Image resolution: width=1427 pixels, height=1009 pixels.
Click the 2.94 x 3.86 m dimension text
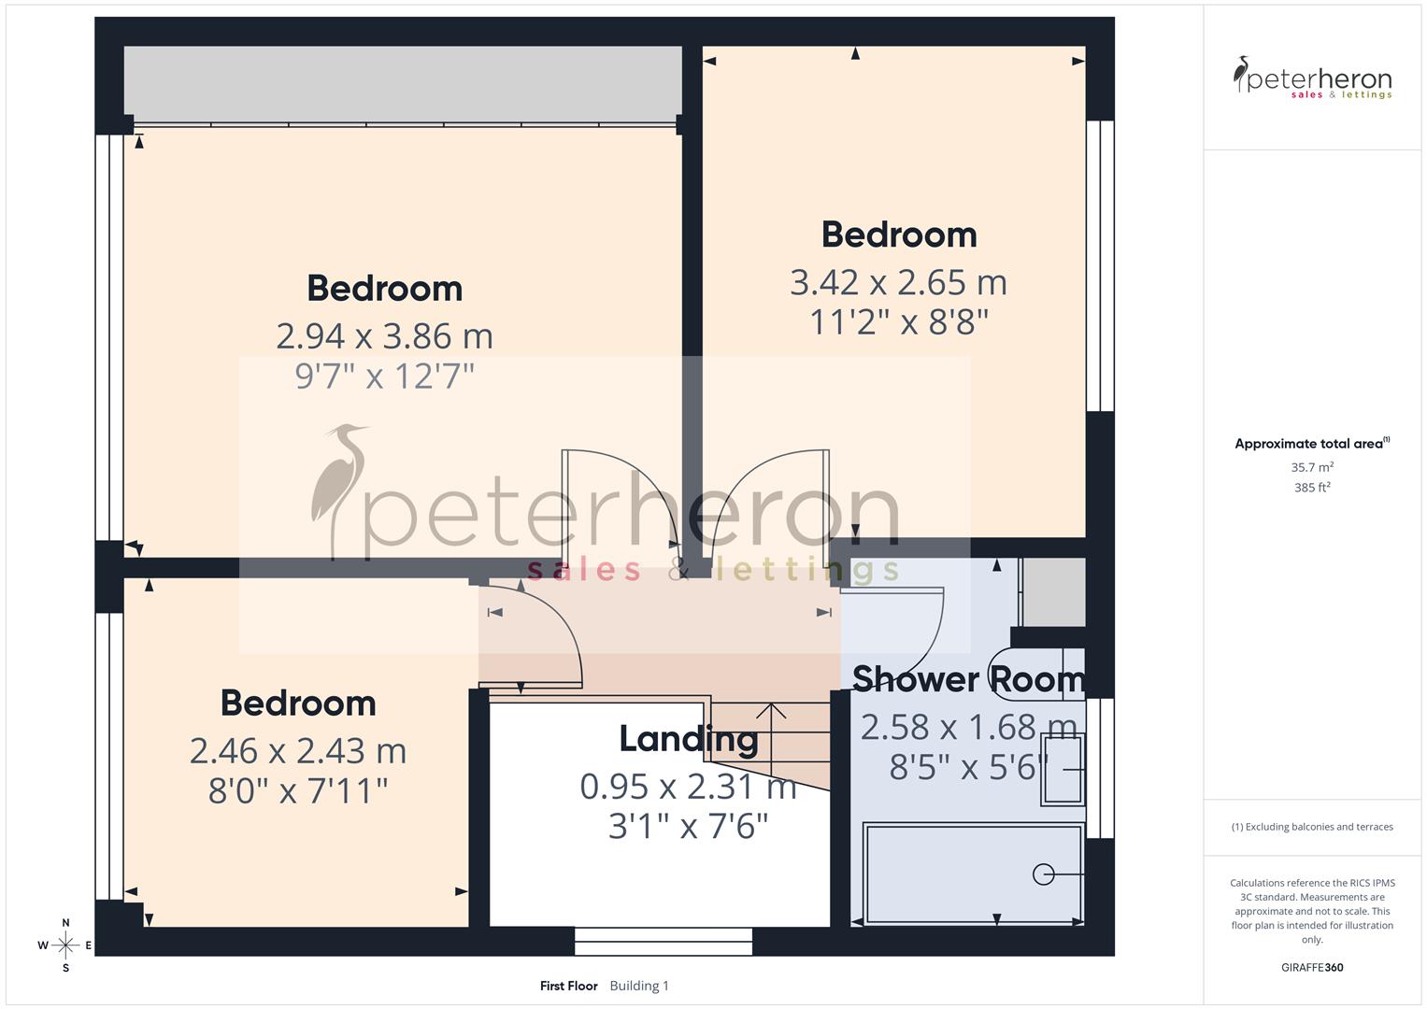pyautogui.click(x=384, y=336)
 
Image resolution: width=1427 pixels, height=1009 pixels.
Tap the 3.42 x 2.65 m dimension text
pyautogui.click(x=898, y=282)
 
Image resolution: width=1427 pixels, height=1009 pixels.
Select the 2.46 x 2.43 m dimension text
pyautogui.click(x=297, y=751)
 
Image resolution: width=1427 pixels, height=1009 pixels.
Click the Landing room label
pyautogui.click(x=689, y=739)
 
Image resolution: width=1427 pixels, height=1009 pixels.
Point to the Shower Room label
pyautogui.click(x=968, y=679)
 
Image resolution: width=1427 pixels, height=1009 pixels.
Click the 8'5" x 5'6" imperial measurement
pyautogui.click(x=968, y=768)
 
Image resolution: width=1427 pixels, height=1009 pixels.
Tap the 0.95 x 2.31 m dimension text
pyautogui.click(x=689, y=787)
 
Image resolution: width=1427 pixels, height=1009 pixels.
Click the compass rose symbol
pyautogui.click(x=65, y=945)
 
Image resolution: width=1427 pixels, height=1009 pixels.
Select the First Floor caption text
pyautogui.click(x=568, y=986)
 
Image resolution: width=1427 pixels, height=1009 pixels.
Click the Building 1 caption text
pyautogui.click(x=639, y=986)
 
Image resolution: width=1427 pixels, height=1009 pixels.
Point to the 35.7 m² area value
pyautogui.click(x=1312, y=467)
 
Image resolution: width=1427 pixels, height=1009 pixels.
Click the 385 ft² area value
pyautogui.click(x=1312, y=488)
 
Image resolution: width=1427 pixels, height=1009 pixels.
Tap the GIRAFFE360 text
pyautogui.click(x=1312, y=968)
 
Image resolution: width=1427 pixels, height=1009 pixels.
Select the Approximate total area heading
pyautogui.click(x=1310, y=444)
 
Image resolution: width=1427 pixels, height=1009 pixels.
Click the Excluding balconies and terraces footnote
pyautogui.click(x=1312, y=827)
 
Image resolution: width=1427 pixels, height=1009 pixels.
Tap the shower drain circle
pyautogui.click(x=1043, y=874)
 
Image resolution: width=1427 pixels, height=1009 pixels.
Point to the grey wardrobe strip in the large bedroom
pyautogui.click(x=402, y=82)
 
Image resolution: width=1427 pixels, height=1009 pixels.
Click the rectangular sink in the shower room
pyautogui.click(x=1063, y=770)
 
